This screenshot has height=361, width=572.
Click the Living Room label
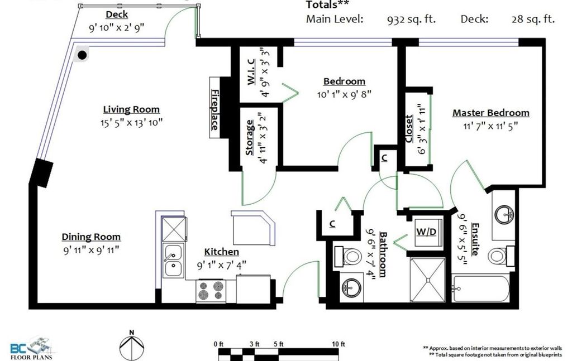131,109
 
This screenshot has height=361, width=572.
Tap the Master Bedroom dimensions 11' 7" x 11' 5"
490,126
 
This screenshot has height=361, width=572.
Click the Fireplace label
214,110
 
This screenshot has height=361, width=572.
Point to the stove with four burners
210,290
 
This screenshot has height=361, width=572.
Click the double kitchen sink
174,261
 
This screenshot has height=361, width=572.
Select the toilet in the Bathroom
350,257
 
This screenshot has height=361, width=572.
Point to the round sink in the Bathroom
352,288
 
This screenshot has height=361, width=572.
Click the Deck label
116,15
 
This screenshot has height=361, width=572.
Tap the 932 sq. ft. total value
412,19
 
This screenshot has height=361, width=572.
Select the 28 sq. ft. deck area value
533,19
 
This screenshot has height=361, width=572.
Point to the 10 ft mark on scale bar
339,344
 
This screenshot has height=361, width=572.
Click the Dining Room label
91,237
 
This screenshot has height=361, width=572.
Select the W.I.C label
251,71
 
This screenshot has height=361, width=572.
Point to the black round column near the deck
82,55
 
